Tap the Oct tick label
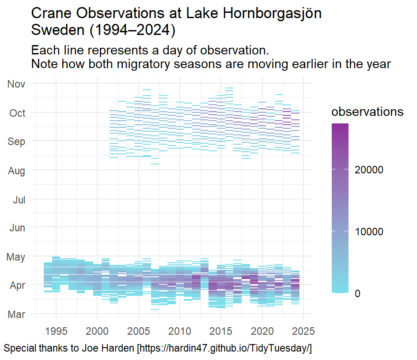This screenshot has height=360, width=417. pos(18,113)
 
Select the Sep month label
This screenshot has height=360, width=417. pos(17,142)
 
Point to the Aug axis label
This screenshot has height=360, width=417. pos(17,171)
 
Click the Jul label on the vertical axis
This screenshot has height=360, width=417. pos(19,200)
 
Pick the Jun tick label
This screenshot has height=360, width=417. pos(17,228)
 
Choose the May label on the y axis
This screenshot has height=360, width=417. pos(16,257)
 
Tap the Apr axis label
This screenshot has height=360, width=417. pos(18,286)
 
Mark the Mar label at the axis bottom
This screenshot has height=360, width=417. pos(17,314)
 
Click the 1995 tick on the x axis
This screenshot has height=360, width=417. pos(56,331)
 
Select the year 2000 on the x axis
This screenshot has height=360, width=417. pos(97,331)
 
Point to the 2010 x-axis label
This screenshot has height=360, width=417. pos(180,331)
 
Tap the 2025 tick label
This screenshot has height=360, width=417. pos(303,331)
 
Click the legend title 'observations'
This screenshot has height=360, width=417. pos(368,112)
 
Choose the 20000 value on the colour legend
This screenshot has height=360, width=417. pos(370,170)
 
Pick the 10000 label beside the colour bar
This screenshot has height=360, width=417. pos(370,232)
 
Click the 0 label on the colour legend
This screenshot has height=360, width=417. pos(357,294)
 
